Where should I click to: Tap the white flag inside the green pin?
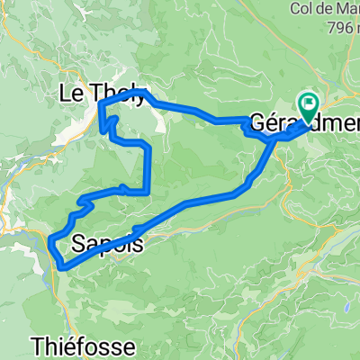tap(309, 105)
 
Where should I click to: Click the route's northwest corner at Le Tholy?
tap(100, 105)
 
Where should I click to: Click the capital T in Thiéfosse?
tap(37, 346)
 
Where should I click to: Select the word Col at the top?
tap(303, 9)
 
